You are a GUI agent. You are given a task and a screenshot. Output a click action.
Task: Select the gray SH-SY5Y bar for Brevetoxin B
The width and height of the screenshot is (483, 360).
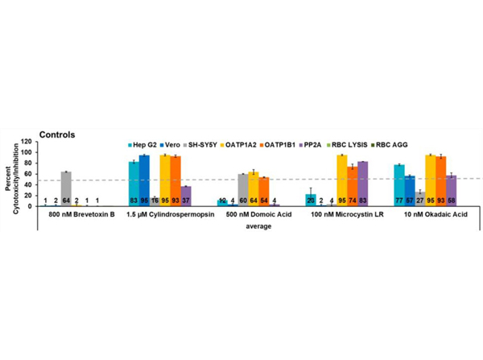[x=66, y=189]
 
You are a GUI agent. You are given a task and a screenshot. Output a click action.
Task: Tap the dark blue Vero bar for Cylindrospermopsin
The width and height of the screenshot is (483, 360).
[x=144, y=180]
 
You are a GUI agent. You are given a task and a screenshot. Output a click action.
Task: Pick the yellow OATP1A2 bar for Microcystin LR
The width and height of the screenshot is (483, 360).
[x=341, y=180]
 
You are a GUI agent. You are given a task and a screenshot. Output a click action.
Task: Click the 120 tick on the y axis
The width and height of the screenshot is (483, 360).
[x=27, y=152]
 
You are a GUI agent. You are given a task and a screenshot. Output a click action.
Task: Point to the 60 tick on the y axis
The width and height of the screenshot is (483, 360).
[x=30, y=179]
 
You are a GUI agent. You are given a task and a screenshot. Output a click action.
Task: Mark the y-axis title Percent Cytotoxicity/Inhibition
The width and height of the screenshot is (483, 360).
[x=11, y=179]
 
